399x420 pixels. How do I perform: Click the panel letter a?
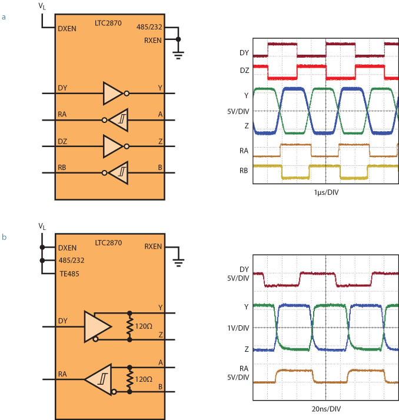5,17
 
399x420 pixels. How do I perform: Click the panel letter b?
5,237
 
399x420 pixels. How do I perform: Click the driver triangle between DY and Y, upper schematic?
112,93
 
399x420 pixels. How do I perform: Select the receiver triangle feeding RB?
119,172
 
